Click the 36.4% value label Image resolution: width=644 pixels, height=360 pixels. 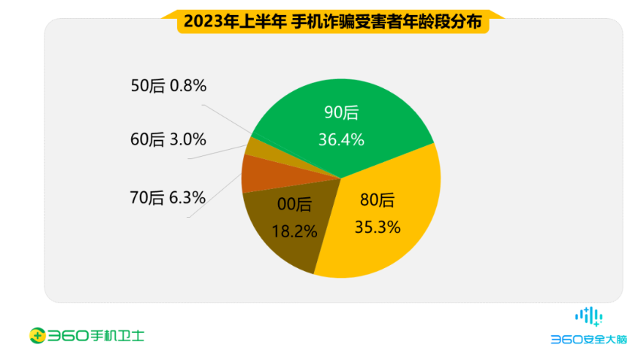[343, 139]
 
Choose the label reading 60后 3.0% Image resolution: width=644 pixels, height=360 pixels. [168, 139]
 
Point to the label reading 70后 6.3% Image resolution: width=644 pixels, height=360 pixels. [168, 197]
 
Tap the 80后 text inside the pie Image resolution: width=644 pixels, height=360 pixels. [377, 200]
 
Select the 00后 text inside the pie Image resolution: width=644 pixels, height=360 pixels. [294, 204]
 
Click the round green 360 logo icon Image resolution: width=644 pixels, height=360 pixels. [35, 334]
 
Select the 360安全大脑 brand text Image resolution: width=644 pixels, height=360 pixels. [588, 340]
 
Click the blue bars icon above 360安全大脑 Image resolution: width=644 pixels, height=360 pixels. [588, 316]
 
